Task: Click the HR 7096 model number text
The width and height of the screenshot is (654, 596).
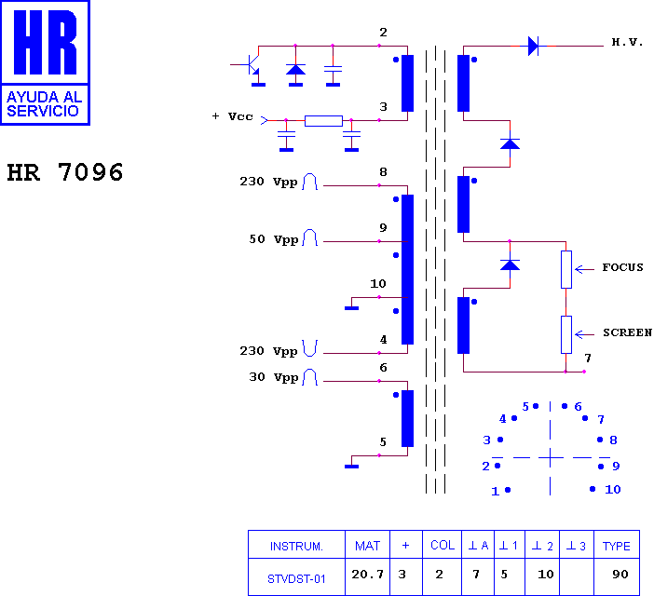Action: coord(65,172)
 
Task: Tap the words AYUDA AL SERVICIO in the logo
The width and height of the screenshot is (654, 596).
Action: coord(43,103)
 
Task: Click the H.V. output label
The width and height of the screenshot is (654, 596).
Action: coord(627,42)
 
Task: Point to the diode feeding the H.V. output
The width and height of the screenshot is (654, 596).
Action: coord(533,46)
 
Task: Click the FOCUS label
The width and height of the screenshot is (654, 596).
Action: coord(622,267)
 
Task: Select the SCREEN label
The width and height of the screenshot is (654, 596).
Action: coord(627,332)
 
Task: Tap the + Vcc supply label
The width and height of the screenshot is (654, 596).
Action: coord(232,116)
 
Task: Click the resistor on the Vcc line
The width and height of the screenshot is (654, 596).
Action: coord(323,121)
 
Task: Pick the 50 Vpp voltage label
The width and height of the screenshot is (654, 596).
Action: coord(274,239)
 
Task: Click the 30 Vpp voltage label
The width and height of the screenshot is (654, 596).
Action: coord(274,377)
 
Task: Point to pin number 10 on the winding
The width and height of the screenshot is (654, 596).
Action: coord(378,284)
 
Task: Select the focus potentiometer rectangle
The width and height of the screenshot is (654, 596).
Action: coord(566,270)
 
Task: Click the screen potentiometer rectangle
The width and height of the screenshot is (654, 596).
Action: coord(566,334)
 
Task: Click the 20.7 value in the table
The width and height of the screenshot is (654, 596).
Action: coord(367,575)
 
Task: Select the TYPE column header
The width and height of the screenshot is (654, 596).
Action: coord(617,546)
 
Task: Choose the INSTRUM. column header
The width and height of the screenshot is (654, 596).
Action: coord(296,546)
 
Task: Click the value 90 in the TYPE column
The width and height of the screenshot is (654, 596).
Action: coord(620,575)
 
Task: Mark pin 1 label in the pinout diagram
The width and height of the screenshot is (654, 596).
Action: coord(495,492)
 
